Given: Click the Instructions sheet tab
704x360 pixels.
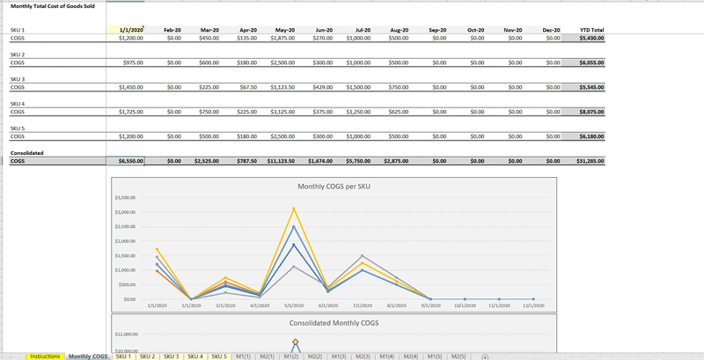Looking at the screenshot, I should tap(44, 356).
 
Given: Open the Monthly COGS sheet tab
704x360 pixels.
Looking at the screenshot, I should tap(88, 356).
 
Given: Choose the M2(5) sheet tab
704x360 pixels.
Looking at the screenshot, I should tap(457, 356).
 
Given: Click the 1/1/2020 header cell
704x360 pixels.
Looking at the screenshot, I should tap(130, 30).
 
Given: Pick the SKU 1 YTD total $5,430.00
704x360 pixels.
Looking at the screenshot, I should tap(587, 39).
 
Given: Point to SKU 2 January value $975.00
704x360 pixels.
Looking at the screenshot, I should tap(131, 63).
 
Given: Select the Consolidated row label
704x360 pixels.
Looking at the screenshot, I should tap(26, 152).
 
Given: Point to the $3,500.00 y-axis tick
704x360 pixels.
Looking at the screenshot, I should tap(126, 198).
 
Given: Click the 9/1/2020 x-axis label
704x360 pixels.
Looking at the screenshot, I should tap(431, 305).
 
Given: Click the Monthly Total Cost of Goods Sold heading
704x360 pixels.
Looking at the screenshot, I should tap(53, 6).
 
